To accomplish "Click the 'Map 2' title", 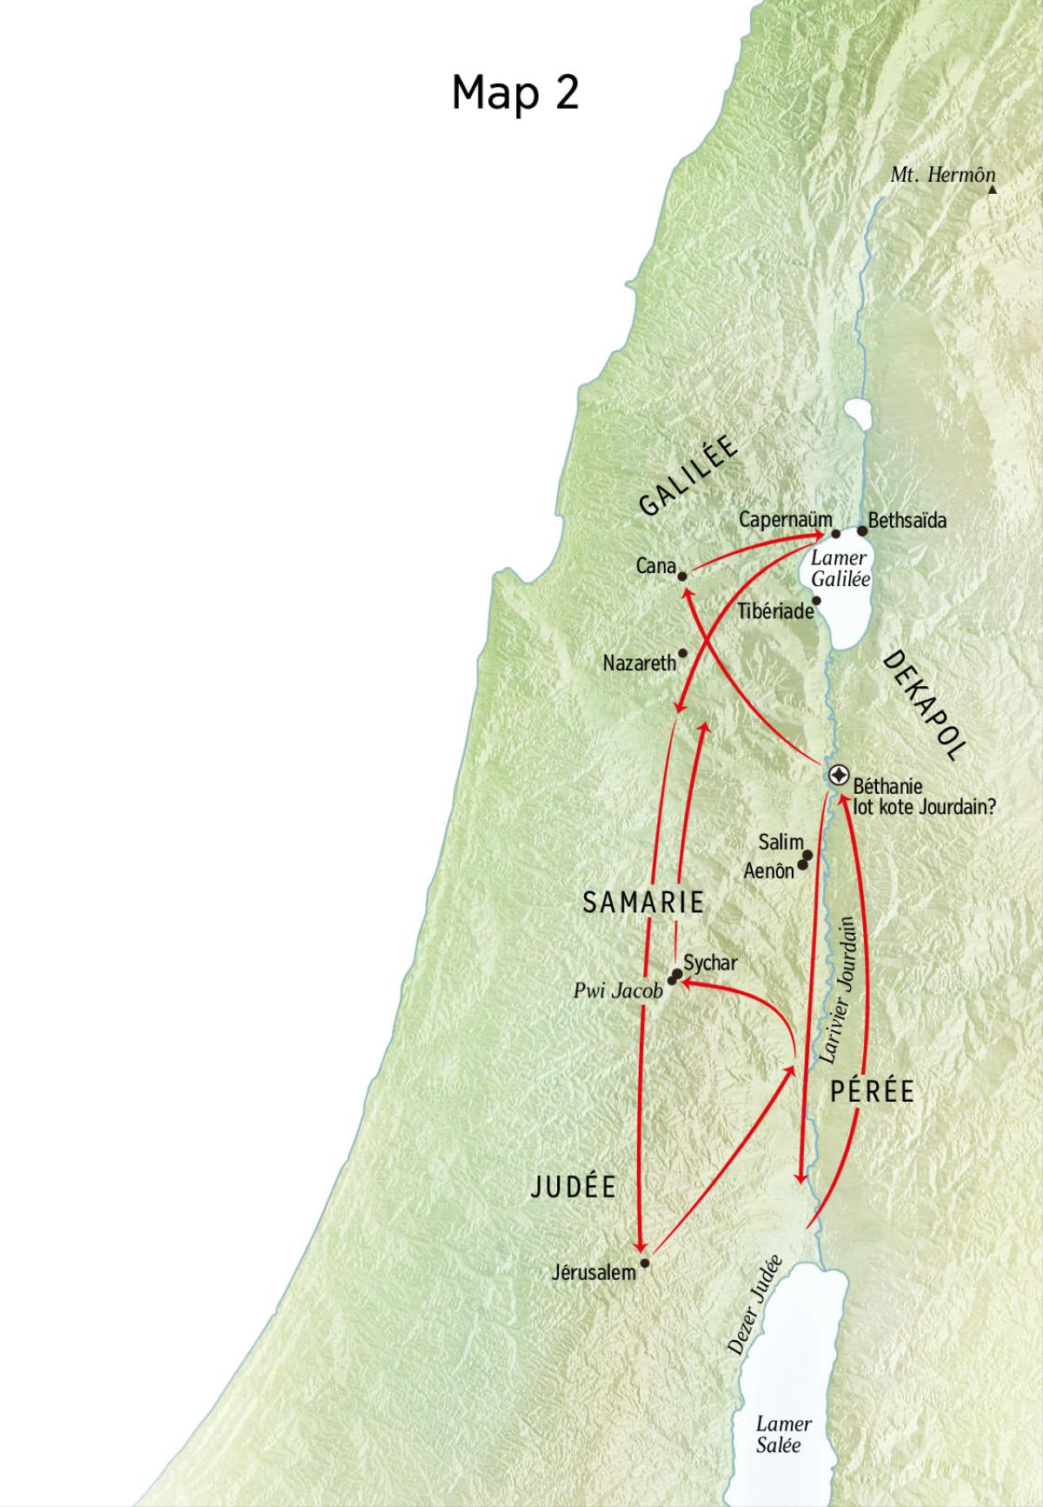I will click(515, 91).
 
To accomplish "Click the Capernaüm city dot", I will click(835, 534).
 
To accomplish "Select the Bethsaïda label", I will click(907, 521).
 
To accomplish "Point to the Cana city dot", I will click(682, 576).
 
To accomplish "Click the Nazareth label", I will click(639, 663).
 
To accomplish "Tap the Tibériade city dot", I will click(816, 601).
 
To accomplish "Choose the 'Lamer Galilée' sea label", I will click(840, 569).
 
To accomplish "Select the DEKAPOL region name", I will click(924, 706).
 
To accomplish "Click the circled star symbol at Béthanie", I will click(839, 774).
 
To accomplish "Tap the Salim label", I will click(780, 843).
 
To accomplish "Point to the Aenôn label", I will click(768, 870).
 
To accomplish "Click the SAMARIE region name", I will click(642, 903).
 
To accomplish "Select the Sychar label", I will click(710, 964).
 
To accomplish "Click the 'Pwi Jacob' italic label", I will click(618, 990).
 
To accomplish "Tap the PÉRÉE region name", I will click(872, 1091).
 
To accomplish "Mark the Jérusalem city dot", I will click(644, 1263).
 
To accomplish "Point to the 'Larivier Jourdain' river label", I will click(839, 990).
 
